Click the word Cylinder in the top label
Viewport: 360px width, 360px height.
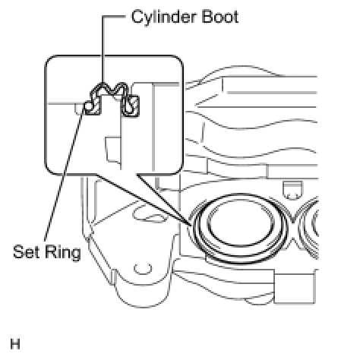[163, 17]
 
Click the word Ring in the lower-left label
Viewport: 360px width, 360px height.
[63, 253]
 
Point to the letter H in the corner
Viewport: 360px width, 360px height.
[15, 344]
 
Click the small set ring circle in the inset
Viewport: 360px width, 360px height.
[88, 106]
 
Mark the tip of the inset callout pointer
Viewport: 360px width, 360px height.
[191, 225]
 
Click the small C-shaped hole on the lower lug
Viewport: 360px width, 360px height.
[143, 268]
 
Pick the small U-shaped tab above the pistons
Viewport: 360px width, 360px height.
[292, 190]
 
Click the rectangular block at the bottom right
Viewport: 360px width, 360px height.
[295, 288]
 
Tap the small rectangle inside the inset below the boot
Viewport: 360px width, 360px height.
[113, 150]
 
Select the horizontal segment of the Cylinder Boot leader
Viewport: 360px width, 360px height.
[114, 17]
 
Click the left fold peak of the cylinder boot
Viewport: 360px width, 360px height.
[103, 84]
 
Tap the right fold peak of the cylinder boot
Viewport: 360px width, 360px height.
[122, 84]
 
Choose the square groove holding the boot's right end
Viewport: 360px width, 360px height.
[131, 106]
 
